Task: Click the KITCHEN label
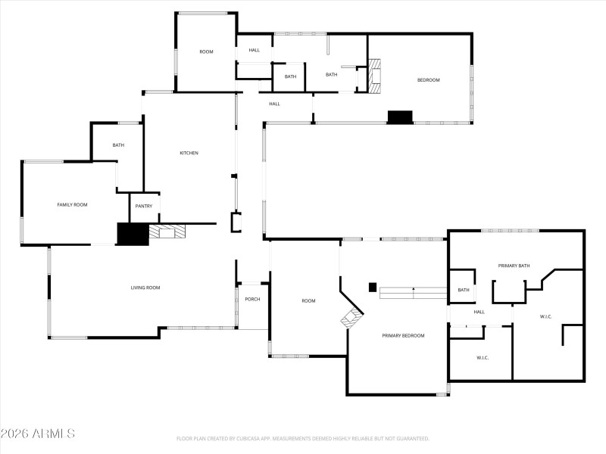[x=189, y=154]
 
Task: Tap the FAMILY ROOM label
[x=73, y=205]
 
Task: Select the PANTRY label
[x=144, y=207]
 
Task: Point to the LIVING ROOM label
[x=145, y=288]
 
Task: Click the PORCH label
[x=252, y=300]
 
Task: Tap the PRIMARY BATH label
[x=514, y=266]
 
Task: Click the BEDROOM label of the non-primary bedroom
[x=428, y=80]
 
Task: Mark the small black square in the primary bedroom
[x=373, y=287]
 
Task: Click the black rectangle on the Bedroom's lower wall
[x=400, y=117]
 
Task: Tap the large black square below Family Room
[x=132, y=234]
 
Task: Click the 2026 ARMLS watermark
[x=38, y=434]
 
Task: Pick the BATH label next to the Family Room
[x=118, y=145]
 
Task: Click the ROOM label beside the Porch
[x=308, y=301]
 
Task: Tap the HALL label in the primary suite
[x=479, y=312]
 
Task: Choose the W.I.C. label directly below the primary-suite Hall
[x=483, y=357]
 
